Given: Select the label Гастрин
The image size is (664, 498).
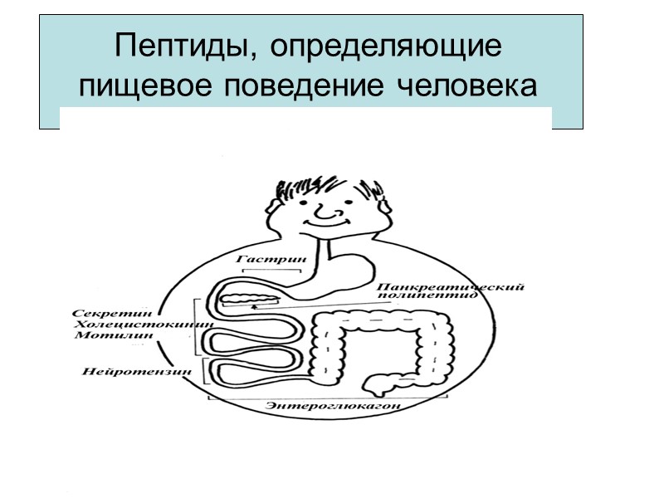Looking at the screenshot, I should point(271,259).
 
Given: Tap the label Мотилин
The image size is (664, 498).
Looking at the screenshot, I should point(104,336).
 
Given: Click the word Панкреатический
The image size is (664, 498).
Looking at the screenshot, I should point(449,287).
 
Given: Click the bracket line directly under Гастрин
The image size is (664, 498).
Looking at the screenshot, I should point(271,269).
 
